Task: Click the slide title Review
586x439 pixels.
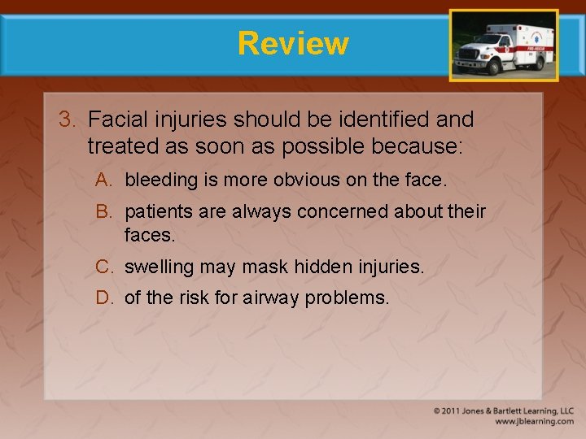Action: (293, 43)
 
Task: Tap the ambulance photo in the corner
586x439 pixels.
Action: (505, 46)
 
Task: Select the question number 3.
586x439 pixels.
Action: (67, 120)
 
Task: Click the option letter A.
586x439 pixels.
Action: (103, 179)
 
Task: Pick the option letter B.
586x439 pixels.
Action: (103, 212)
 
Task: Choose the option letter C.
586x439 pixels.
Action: (103, 267)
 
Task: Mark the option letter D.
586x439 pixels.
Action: (103, 298)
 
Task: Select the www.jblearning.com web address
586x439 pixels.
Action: (535, 421)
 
